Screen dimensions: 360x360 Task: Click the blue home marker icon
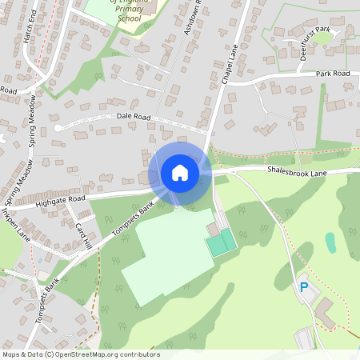click(x=180, y=173)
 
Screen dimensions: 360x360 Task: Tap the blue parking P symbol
click(x=303, y=286)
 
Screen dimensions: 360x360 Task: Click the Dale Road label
click(x=134, y=116)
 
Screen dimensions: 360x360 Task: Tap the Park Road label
click(x=333, y=74)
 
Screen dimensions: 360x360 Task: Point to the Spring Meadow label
click(x=32, y=120)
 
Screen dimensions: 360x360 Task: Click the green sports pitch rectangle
click(x=221, y=242)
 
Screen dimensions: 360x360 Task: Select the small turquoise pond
click(x=330, y=242)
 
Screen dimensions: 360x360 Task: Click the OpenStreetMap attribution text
click(x=81, y=354)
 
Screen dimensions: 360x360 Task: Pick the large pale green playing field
click(x=168, y=256)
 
